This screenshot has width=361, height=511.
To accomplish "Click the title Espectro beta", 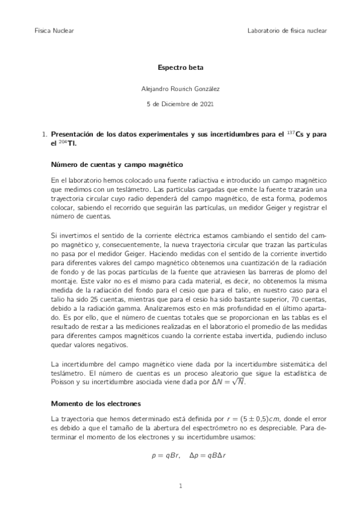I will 180,69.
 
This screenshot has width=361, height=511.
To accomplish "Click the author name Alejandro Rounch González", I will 180,89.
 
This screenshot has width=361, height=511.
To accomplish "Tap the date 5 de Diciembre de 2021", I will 180,104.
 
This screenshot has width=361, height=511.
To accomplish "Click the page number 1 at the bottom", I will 180,485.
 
